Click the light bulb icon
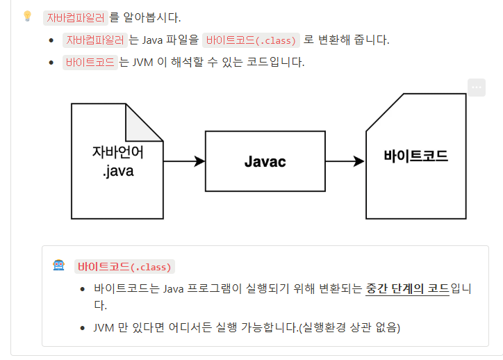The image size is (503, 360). (28, 15)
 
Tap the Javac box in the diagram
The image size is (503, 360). (265, 161)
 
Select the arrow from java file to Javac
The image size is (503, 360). (184, 161)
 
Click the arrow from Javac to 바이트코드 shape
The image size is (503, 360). (345, 161)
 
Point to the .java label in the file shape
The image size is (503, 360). (117, 171)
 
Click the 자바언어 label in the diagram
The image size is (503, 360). (117, 152)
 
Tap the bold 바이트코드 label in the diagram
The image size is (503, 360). (415, 156)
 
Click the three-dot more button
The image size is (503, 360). (476, 88)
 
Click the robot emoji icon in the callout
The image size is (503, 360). (59, 266)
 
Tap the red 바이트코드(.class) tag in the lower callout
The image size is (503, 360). (124, 267)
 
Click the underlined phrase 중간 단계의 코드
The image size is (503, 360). (407, 288)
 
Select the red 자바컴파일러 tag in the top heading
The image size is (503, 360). (74, 17)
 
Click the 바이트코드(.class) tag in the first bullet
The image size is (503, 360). (251, 40)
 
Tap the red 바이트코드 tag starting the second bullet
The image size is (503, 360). (90, 62)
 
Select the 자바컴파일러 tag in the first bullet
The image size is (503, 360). (94, 40)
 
